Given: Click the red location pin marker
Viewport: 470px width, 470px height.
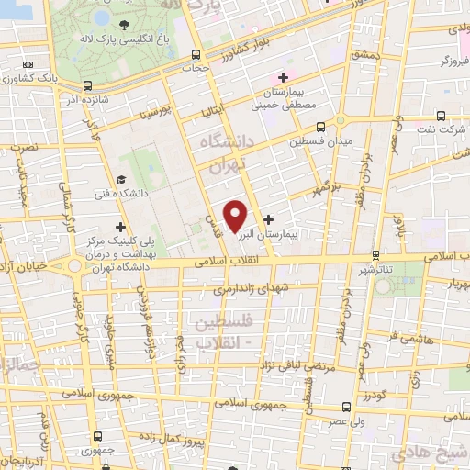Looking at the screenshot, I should [x=236, y=216].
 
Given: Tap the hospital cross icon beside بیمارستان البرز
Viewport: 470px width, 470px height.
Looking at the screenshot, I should [x=268, y=219].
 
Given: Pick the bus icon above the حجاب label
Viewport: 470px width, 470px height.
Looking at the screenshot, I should [x=196, y=54].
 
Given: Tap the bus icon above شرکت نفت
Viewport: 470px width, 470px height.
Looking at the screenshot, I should [x=442, y=117].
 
